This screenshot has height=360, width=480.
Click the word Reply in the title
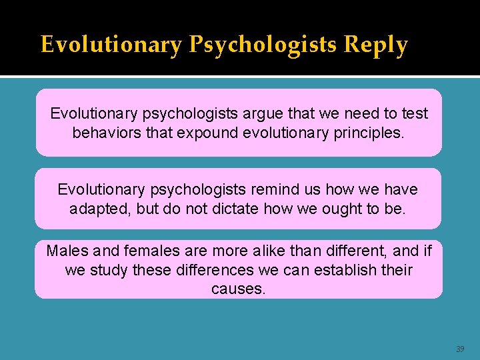click(x=375, y=45)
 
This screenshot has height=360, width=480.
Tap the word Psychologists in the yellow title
click(x=263, y=45)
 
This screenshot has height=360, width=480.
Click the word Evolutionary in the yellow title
click(x=111, y=45)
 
